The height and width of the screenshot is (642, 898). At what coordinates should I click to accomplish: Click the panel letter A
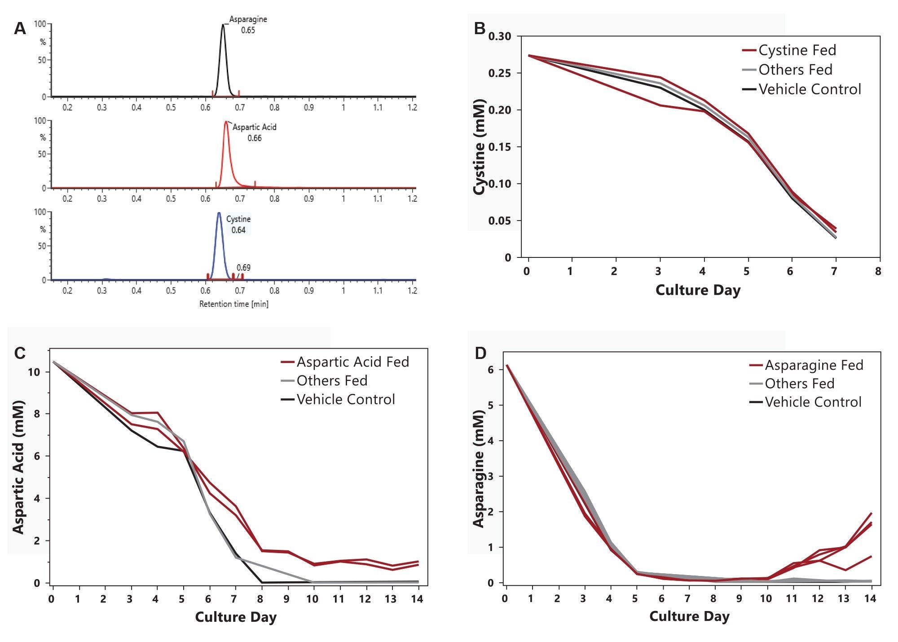20,29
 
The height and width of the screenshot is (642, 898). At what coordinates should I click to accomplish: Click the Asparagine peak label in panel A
248,20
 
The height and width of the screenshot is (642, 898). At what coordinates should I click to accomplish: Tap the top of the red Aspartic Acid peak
226,122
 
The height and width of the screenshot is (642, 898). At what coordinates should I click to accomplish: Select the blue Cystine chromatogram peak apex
219,213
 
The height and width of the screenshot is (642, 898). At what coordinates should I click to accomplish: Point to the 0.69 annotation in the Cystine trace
243,268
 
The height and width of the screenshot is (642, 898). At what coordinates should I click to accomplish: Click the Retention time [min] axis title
233,304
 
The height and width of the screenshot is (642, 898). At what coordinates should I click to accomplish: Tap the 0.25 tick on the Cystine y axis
499,73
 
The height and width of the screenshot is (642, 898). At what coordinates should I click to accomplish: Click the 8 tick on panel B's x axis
878,271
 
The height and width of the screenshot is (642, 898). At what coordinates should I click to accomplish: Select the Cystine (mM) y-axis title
480,147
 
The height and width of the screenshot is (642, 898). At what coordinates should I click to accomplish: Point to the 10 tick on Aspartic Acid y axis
34,372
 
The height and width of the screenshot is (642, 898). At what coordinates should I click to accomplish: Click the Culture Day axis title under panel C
236,617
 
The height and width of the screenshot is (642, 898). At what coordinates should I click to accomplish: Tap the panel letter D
480,354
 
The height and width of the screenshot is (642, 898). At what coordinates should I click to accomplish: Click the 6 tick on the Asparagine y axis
490,370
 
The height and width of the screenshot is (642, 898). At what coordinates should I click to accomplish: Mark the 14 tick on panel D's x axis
870,598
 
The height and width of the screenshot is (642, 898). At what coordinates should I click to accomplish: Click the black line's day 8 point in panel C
262,582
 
